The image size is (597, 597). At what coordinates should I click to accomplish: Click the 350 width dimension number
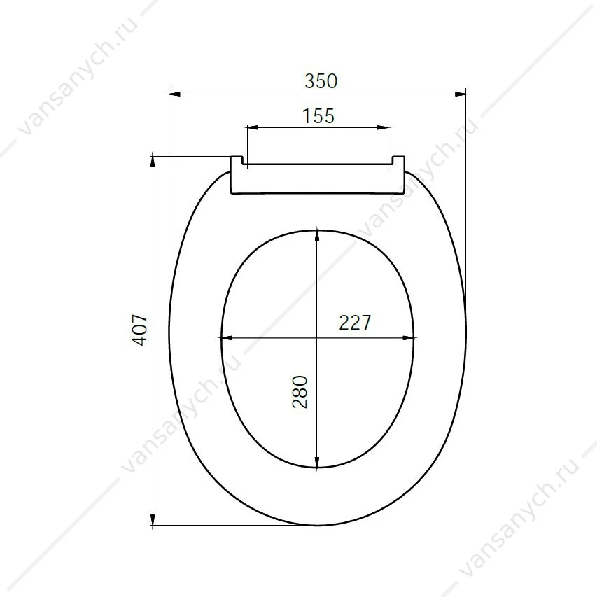pyautogui.click(x=321, y=81)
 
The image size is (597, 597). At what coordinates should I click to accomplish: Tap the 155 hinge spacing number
pyautogui.click(x=318, y=116)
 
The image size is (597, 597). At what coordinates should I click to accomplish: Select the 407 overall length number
pyautogui.click(x=140, y=330)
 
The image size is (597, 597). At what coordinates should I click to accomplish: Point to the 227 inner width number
pyautogui.click(x=354, y=323)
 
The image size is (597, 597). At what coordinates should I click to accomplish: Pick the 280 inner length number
pyautogui.click(x=300, y=392)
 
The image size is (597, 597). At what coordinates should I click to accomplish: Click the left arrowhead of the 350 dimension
pyautogui.click(x=174, y=94)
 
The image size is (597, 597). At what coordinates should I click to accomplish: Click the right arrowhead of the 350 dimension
pyautogui.click(x=461, y=94)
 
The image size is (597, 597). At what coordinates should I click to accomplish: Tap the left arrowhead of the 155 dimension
pyautogui.click(x=253, y=127)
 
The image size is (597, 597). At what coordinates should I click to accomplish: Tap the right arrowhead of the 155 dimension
pyautogui.click(x=383, y=127)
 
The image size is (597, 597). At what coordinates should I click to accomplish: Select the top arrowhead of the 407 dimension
pyautogui.click(x=153, y=162)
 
